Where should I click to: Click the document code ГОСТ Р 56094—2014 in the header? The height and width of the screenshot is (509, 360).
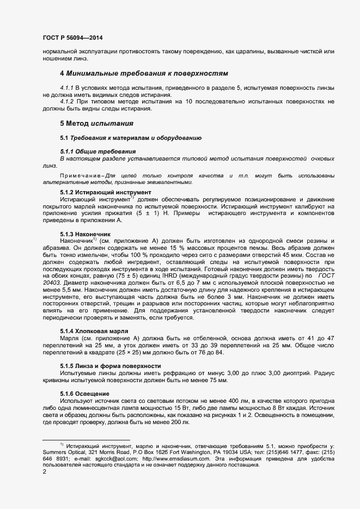(x=72, y=38)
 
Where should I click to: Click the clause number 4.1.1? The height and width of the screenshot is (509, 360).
(x=66, y=88)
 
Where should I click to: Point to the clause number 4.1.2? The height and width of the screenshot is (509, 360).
(x=66, y=102)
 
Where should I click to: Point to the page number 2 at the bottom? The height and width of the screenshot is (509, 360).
(x=44, y=472)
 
